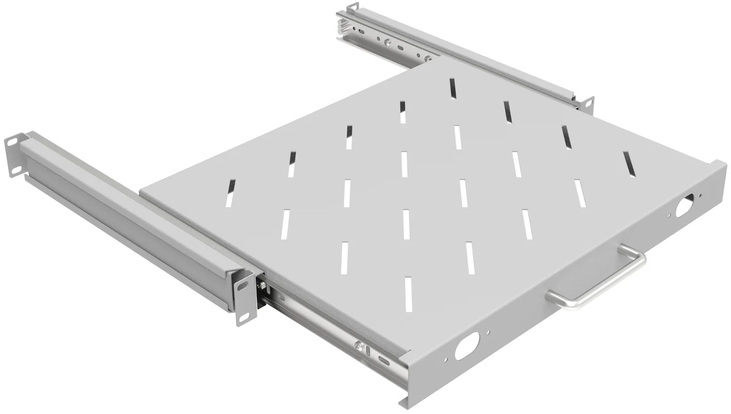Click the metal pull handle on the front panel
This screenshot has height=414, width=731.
point(599,283)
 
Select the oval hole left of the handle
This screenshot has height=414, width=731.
point(467,345)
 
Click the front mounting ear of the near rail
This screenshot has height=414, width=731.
point(245,298)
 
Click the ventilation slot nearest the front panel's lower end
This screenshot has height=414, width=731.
point(408,294)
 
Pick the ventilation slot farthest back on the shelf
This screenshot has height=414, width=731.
point(453,88)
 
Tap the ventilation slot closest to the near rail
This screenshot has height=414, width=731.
point(230,193)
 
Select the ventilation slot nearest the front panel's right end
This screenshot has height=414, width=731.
point(628,164)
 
